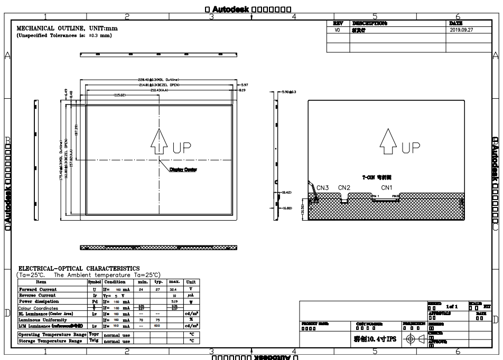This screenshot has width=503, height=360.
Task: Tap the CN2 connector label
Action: pyautogui.click(x=344, y=187)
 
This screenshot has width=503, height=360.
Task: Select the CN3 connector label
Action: pyautogui.click(x=323, y=187)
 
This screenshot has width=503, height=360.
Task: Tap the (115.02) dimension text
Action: pyautogui.click(x=119, y=96)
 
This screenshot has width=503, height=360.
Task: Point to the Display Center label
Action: pyautogui.click(x=183, y=169)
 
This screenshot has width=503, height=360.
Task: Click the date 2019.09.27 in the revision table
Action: pyautogui.click(x=461, y=30)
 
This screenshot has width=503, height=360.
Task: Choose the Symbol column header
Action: pyautogui.click(x=95, y=282)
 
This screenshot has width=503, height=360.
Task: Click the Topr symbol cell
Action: pyautogui.click(x=94, y=335)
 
